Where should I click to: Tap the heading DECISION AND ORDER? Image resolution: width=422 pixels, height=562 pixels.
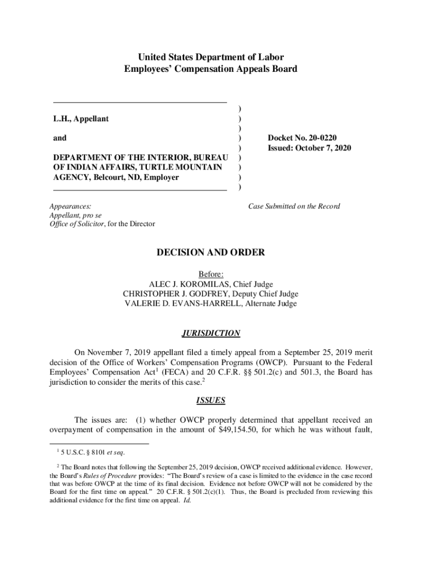(x=211, y=253)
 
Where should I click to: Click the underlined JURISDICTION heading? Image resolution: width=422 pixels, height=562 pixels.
(x=211, y=333)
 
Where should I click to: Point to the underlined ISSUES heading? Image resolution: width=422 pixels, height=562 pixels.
(x=211, y=401)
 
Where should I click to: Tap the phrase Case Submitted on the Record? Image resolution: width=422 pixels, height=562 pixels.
(x=294, y=206)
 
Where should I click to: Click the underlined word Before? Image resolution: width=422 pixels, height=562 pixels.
(x=211, y=274)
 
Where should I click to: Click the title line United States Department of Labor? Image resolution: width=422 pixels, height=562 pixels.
(x=211, y=57)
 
